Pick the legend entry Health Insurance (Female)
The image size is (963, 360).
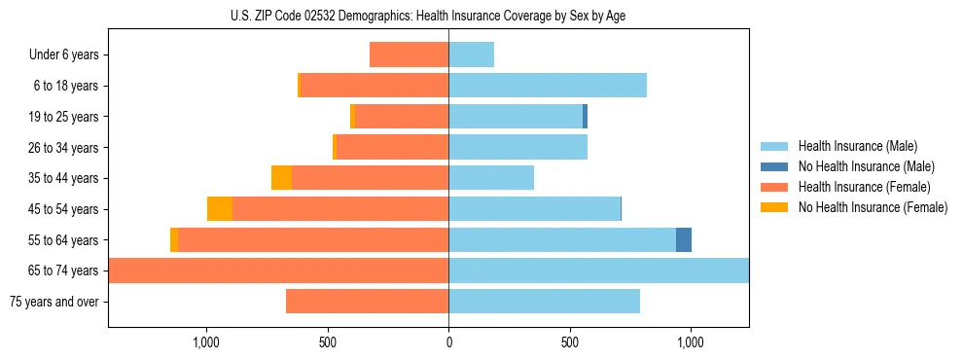(x=864, y=187)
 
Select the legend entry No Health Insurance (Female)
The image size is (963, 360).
(x=873, y=207)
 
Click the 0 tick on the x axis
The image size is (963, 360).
(x=448, y=342)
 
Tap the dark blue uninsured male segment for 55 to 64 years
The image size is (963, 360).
(x=684, y=240)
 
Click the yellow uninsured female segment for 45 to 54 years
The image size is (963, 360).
(x=220, y=209)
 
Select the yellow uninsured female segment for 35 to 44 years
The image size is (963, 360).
(x=281, y=178)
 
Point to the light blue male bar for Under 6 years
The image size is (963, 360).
(x=472, y=55)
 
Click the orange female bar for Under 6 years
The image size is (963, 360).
(x=409, y=55)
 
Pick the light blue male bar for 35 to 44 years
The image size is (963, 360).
(x=491, y=178)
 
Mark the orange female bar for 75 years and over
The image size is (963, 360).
(x=367, y=302)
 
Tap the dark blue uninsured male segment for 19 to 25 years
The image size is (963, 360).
(x=585, y=117)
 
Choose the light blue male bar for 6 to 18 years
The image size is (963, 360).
(x=548, y=86)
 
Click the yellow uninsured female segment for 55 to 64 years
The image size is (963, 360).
(x=174, y=240)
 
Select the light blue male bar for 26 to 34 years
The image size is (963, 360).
(x=517, y=148)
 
